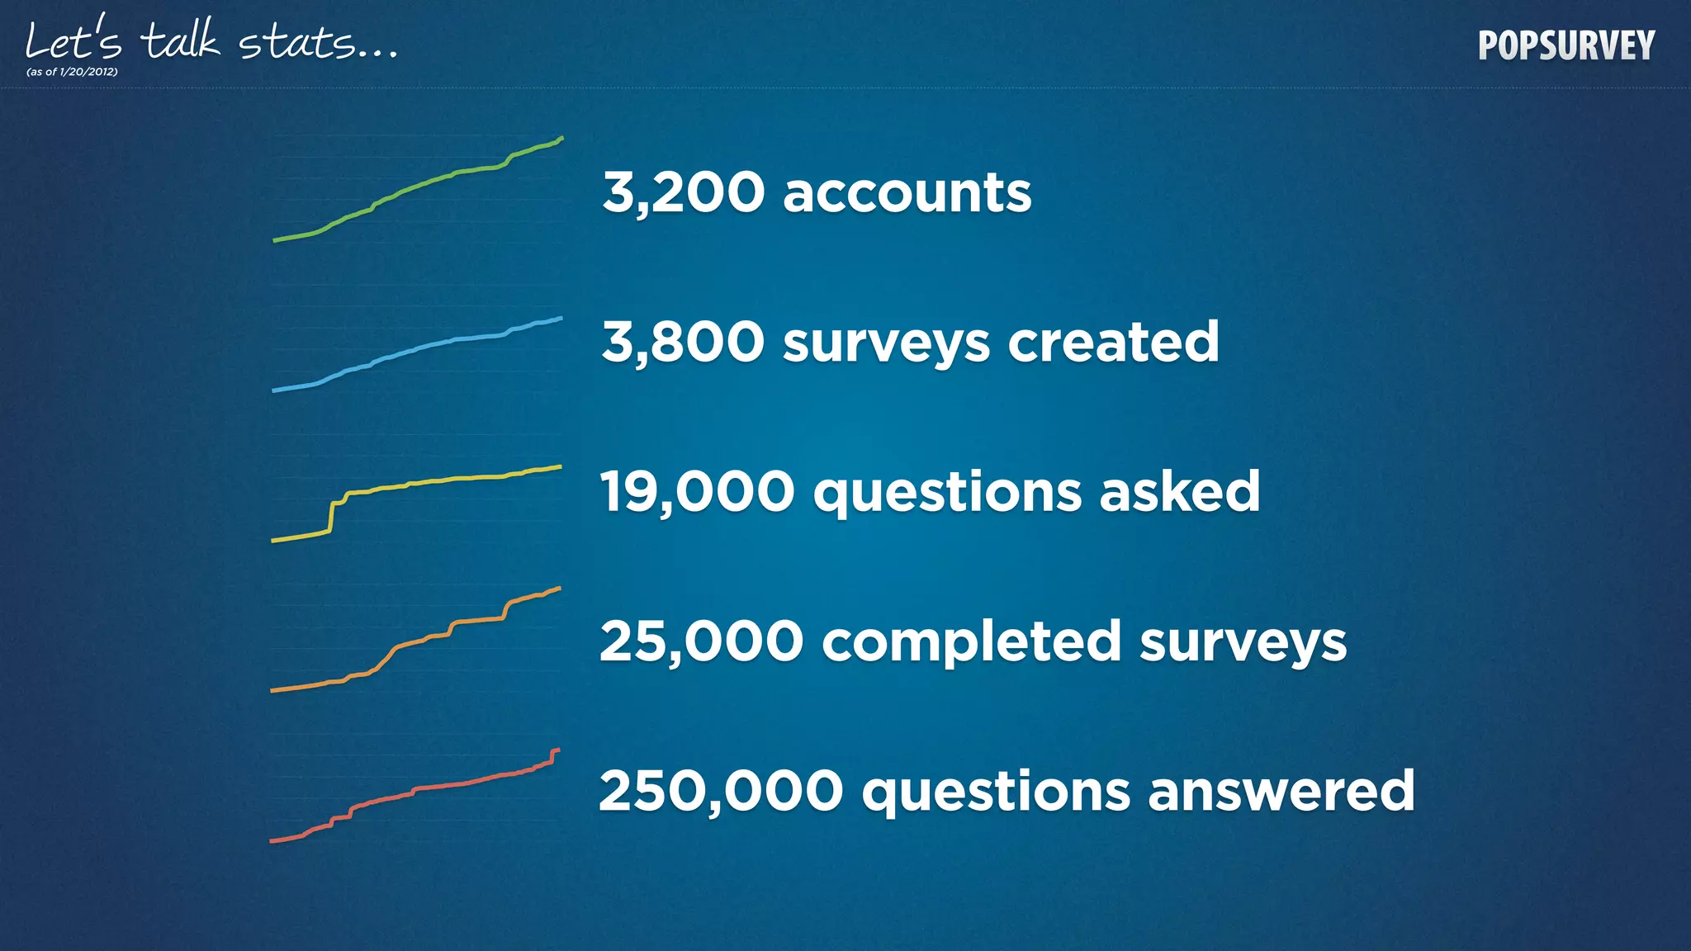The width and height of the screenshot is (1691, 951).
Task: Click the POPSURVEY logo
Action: (1566, 45)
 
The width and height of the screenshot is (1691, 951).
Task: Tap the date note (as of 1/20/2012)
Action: (72, 72)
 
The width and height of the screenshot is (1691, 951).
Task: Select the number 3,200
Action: (683, 193)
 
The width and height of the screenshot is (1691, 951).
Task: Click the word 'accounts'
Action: (907, 193)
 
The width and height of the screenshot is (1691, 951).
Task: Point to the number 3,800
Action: (683, 342)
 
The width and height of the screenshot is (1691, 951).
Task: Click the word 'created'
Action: (1113, 342)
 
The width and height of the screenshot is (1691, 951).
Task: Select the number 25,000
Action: (701, 641)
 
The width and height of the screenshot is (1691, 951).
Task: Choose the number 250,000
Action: (721, 791)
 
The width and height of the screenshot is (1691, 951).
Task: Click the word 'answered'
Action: (1281, 791)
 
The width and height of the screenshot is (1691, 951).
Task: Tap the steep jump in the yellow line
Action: (332, 517)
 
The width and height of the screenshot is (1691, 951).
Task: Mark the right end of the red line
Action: (557, 750)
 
